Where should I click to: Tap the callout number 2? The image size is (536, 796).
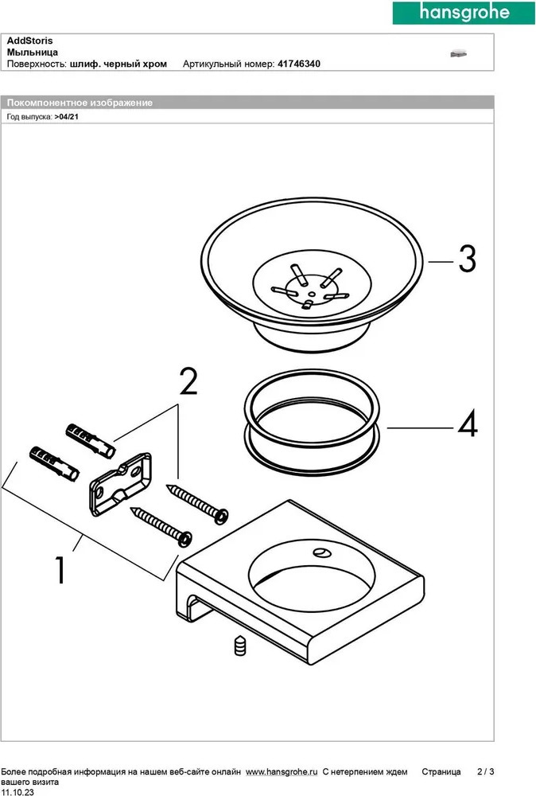click(x=188, y=383)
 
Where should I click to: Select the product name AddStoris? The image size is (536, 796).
click(x=30, y=40)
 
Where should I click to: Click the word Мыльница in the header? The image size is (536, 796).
click(x=32, y=52)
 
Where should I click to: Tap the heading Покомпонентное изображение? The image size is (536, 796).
click(x=80, y=103)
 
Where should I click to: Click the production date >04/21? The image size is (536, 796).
click(x=67, y=115)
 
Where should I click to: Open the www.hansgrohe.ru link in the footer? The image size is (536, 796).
click(x=282, y=772)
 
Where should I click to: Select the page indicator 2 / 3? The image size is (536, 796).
click(x=485, y=772)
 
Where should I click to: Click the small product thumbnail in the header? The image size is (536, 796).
click(x=457, y=53)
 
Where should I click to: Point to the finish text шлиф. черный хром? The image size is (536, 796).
click(x=118, y=64)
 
